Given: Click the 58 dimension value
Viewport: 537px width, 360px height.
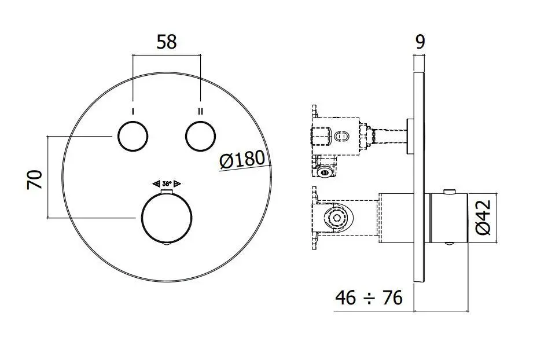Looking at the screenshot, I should pyautogui.click(x=167, y=42).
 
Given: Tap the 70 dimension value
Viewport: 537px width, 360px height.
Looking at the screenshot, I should pyautogui.click(x=34, y=179).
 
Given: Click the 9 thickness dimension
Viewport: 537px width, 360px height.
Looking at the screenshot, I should pyautogui.click(x=420, y=42).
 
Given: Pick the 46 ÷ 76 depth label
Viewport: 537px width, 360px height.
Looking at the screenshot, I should pyautogui.click(x=369, y=297).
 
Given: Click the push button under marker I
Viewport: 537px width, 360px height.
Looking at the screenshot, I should pyautogui.click(x=133, y=137).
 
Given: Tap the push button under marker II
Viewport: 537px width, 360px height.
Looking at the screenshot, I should pyautogui.click(x=200, y=137).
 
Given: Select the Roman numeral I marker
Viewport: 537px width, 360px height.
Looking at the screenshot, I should pyautogui.click(x=134, y=111).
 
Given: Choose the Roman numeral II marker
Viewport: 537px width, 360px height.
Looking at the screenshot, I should pyautogui.click(x=201, y=111).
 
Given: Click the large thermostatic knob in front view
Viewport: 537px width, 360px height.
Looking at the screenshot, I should pyautogui.click(x=166, y=218).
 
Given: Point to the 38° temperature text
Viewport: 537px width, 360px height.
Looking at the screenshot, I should pyautogui.click(x=167, y=182).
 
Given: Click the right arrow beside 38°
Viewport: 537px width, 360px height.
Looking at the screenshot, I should pyautogui.click(x=177, y=182).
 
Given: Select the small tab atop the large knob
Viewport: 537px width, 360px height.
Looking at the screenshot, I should pyautogui.click(x=167, y=189).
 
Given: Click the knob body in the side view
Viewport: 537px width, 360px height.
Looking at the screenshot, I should pyautogui.click(x=446, y=218).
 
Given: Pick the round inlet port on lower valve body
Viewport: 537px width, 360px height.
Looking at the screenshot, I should pyautogui.click(x=334, y=219).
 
